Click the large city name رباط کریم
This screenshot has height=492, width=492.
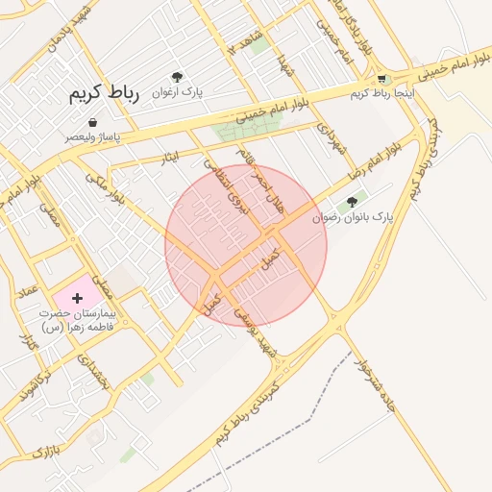[x=104, y=93]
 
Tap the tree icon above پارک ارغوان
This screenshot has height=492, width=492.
[x=177, y=77]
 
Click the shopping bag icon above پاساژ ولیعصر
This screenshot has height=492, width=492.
[x=92, y=123]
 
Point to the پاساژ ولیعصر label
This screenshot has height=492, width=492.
[x=93, y=137]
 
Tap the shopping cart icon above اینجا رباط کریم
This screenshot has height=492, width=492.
[x=381, y=79]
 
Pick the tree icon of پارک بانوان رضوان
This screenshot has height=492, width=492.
[x=352, y=203]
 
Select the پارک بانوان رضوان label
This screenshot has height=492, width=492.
[x=354, y=218]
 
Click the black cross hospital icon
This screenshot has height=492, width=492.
[x=78, y=299]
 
